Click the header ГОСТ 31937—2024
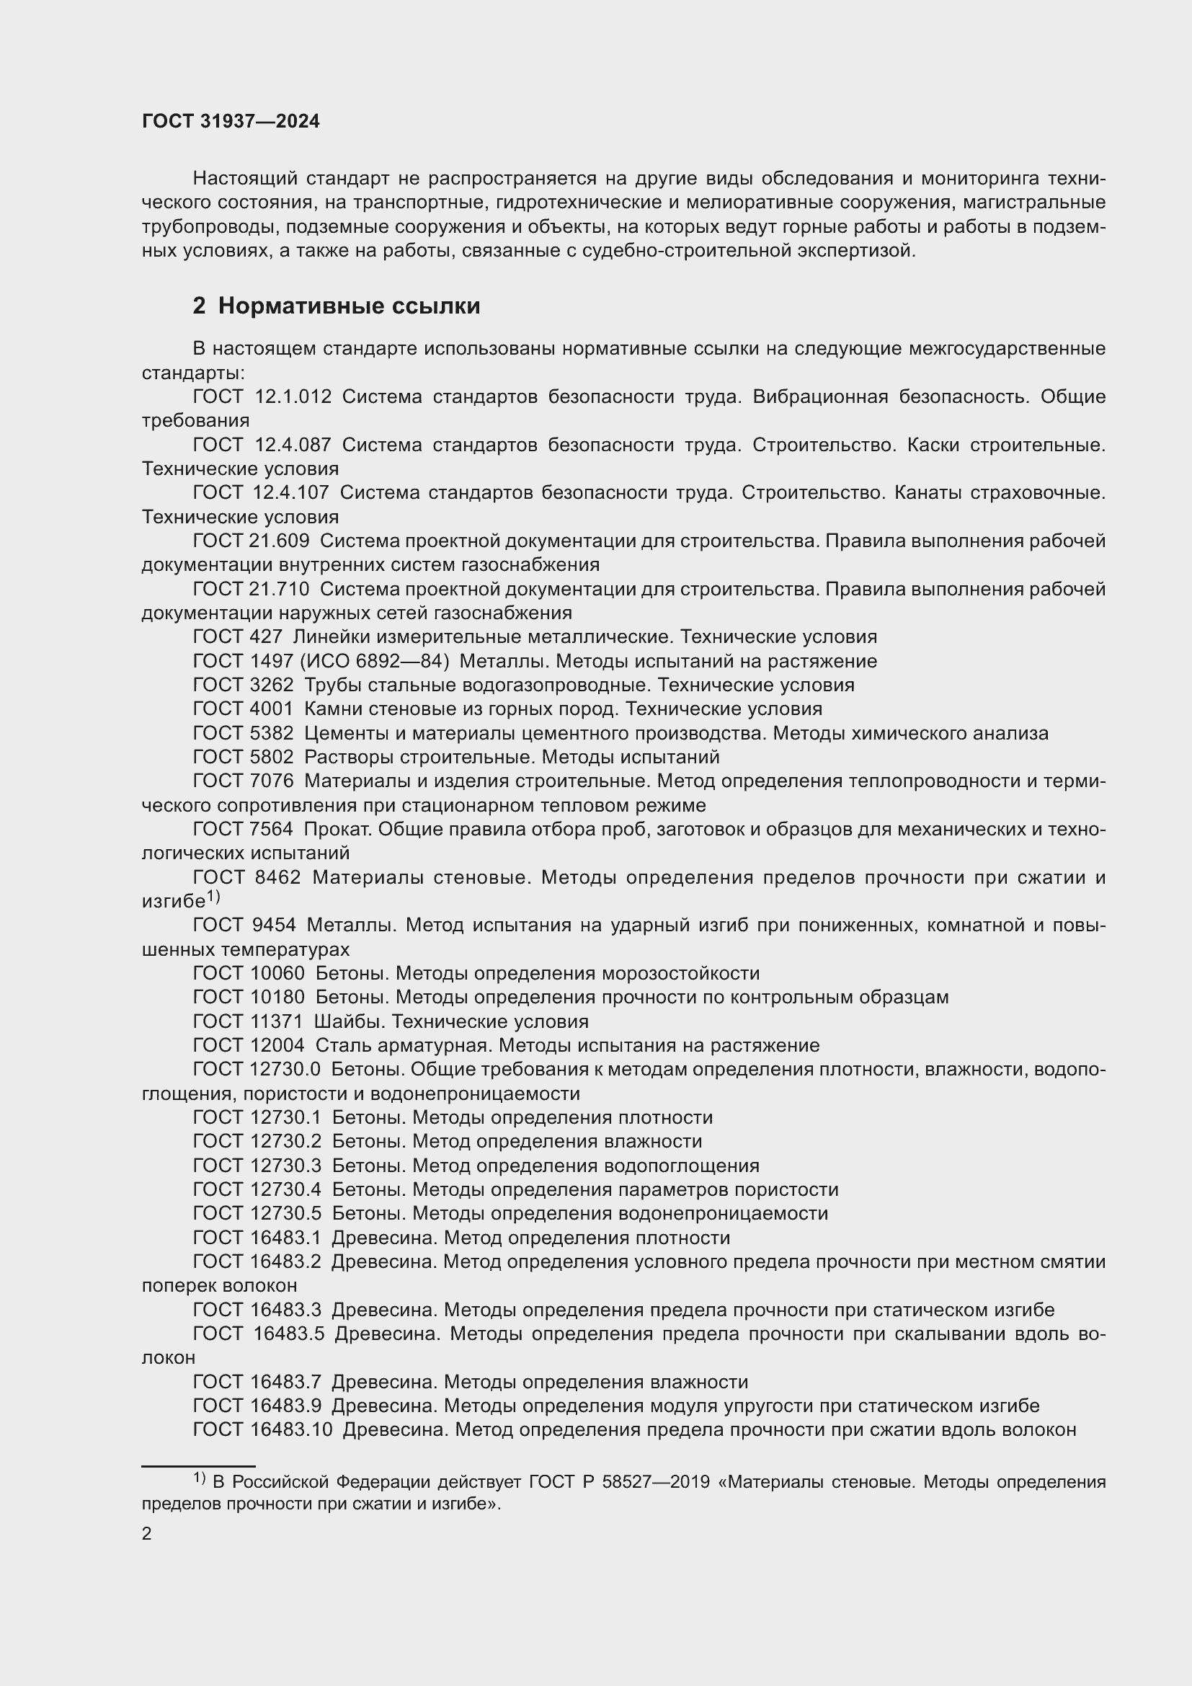[x=231, y=122]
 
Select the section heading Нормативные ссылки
[x=349, y=306]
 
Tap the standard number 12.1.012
[x=293, y=396]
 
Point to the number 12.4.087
[x=293, y=444]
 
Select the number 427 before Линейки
[x=267, y=636]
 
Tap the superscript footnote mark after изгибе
[x=213, y=897]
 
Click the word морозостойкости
[x=680, y=973]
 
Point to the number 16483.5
[x=288, y=1334]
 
